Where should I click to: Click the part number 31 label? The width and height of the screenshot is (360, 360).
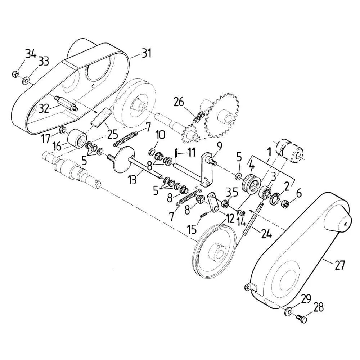coord(146,54)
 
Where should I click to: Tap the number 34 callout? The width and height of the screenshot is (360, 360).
coord(31,54)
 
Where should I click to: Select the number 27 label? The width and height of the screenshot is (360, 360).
coord(339,265)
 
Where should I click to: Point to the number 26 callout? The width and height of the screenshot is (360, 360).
coord(179,102)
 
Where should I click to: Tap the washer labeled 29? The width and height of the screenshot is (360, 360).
coord(288,312)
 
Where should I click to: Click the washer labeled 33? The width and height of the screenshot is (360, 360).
coord(25,80)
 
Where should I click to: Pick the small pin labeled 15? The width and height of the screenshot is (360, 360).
coord(204,215)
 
